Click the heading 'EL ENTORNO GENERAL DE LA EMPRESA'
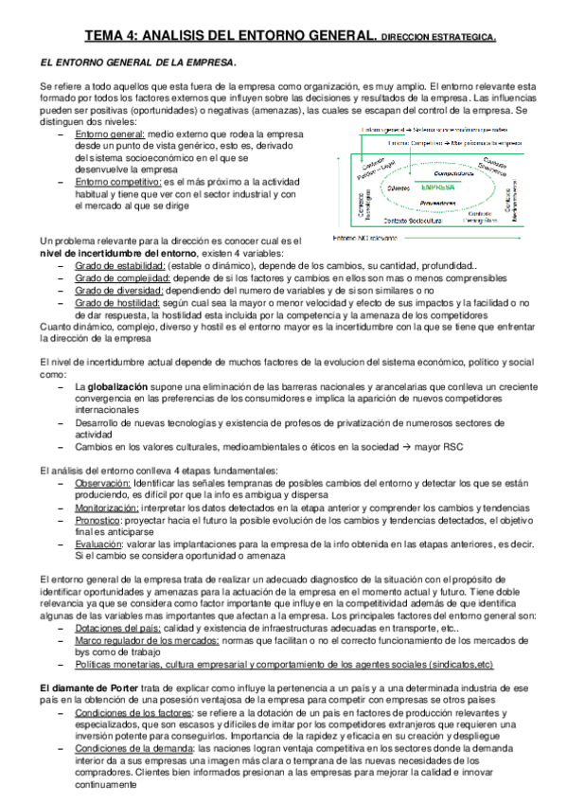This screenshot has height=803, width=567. (138, 62)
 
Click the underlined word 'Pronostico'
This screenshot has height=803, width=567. (97, 520)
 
